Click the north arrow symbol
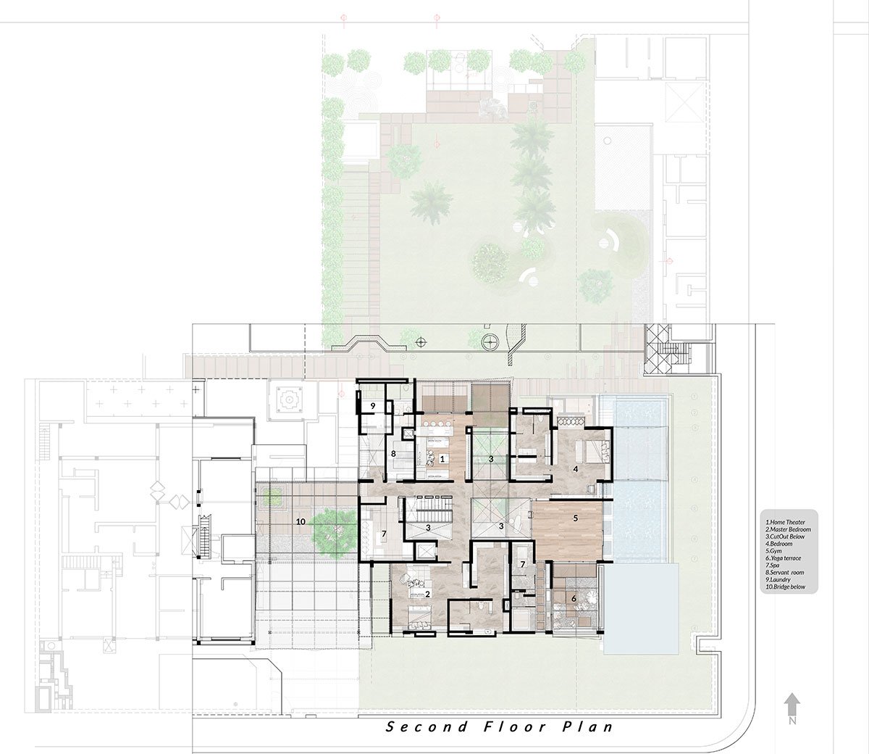coord(792,703)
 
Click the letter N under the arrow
coord(793,721)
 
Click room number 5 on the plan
coord(576,518)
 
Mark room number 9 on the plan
coord(372,406)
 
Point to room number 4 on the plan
coord(576,469)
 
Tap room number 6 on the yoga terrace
coord(574,599)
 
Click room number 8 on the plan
coord(393,455)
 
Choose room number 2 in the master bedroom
coord(429,594)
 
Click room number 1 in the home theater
coord(442,458)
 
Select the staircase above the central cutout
coord(427,507)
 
